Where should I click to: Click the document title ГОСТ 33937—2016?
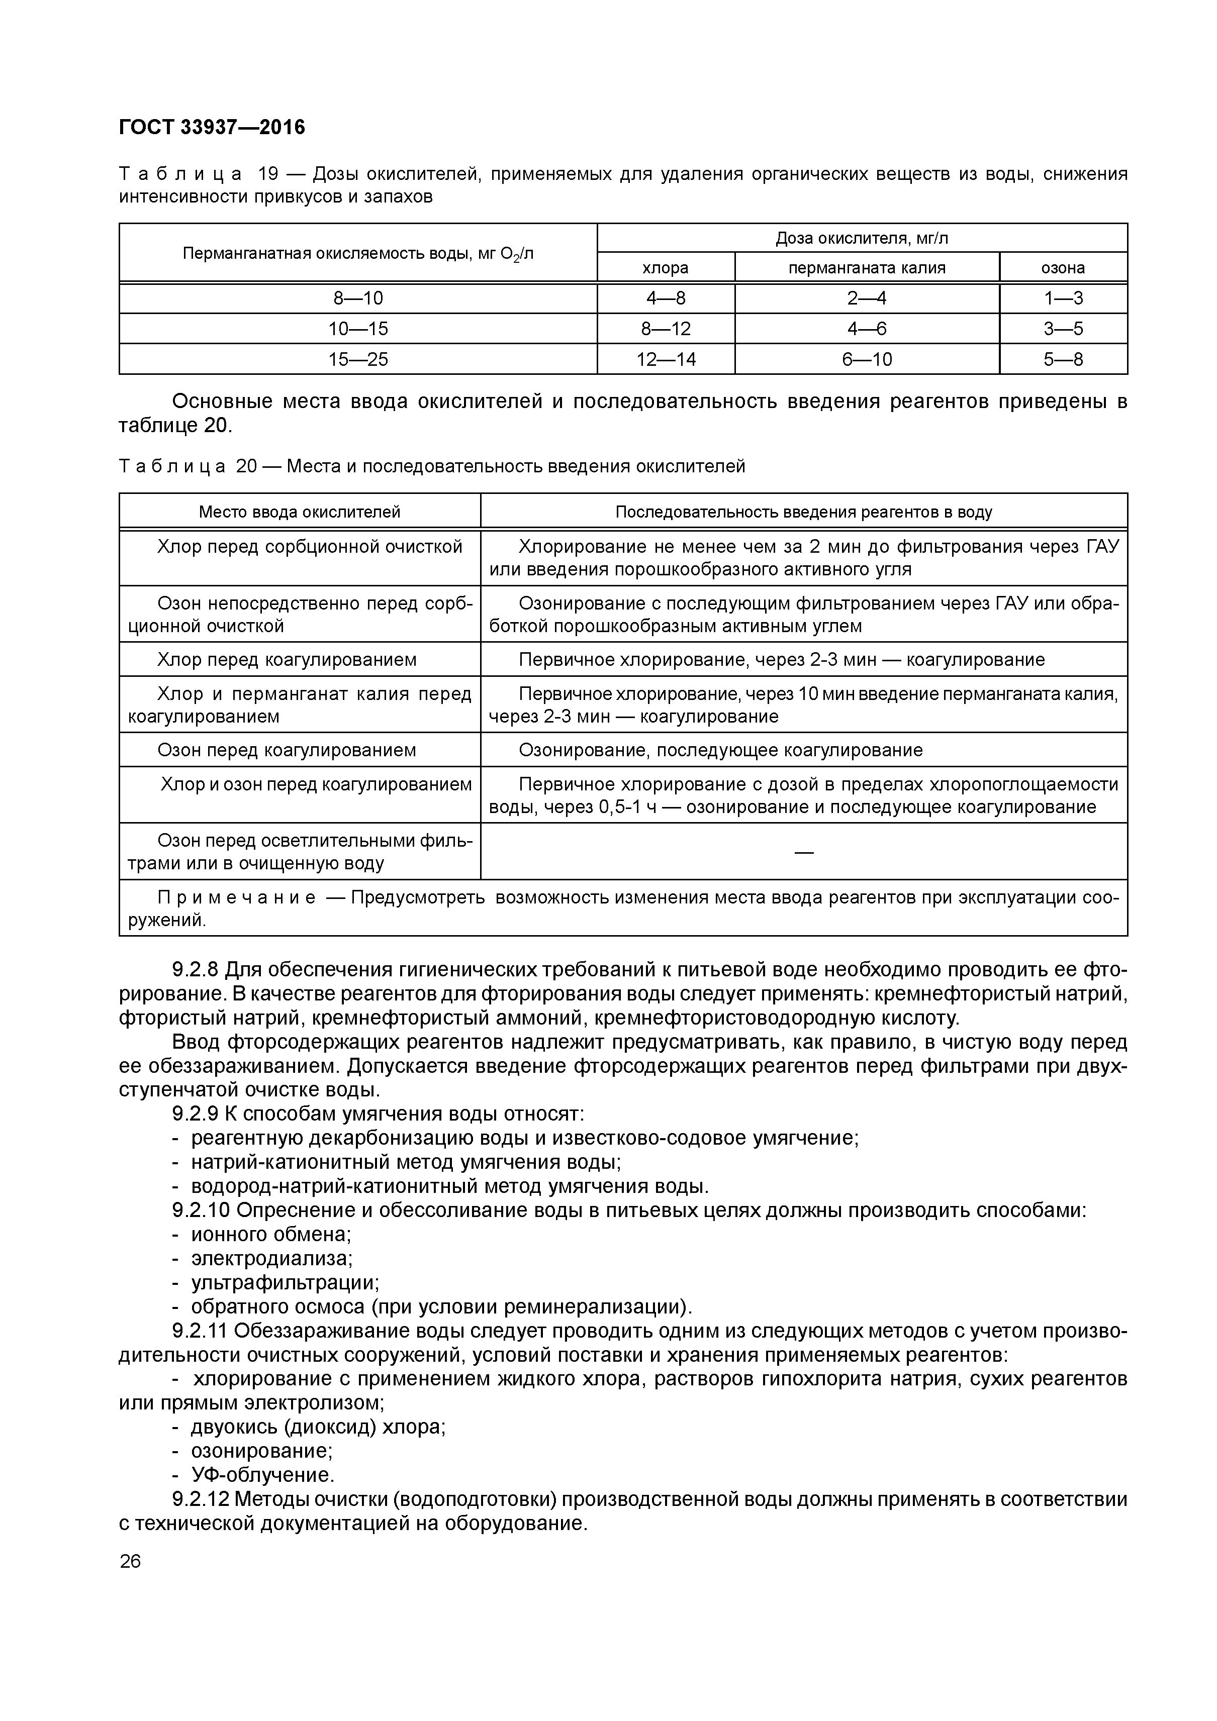click(x=212, y=128)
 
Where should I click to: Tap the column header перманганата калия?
click(x=866, y=268)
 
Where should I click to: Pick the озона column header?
click(x=1063, y=268)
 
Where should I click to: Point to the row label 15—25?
click(x=358, y=359)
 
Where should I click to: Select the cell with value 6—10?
click(x=866, y=359)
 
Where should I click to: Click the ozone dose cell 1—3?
click(x=1063, y=298)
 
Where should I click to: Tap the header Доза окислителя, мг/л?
click(x=862, y=238)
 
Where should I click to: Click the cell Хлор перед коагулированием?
click(x=287, y=660)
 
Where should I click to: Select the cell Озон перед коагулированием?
click(x=287, y=750)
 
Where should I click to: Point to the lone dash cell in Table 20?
click(x=803, y=852)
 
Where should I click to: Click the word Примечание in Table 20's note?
click(x=236, y=898)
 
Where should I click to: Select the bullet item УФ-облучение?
click(x=262, y=1475)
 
